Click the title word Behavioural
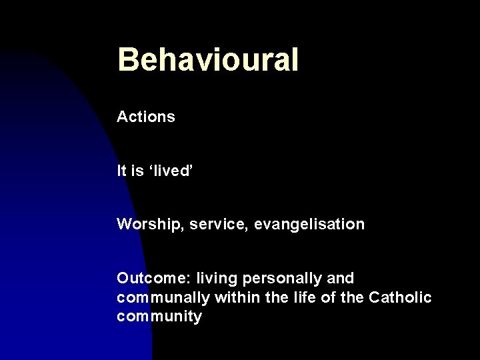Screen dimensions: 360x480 (x=207, y=60)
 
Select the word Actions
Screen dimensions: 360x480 (x=146, y=117)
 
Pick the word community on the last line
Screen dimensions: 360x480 (x=159, y=316)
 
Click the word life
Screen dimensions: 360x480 (x=299, y=297)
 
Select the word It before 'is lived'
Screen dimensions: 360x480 (x=121, y=171)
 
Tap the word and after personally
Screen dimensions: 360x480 (x=340, y=277)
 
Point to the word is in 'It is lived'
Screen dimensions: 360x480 (x=137, y=171)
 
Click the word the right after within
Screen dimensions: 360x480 (x=273, y=297)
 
